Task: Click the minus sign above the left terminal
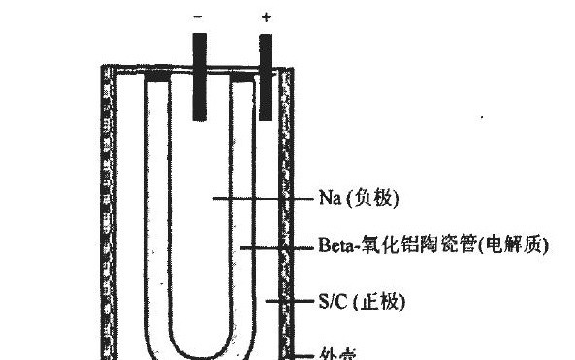tap(199, 16)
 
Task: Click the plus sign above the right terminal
tap(267, 16)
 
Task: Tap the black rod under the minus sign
tap(199, 78)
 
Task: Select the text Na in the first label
tap(327, 199)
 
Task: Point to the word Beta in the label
tap(334, 248)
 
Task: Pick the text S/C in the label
tap(331, 302)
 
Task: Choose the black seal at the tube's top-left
tap(158, 74)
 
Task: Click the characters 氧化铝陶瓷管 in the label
tap(414, 248)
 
